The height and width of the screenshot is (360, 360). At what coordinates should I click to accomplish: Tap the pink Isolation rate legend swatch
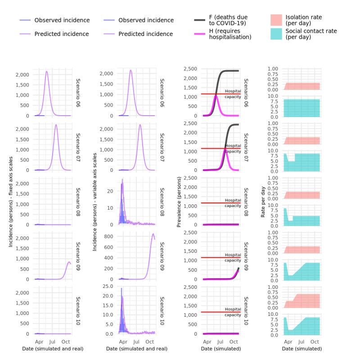tap(276, 20)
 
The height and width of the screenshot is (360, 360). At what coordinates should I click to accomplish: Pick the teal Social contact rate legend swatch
tap(276, 34)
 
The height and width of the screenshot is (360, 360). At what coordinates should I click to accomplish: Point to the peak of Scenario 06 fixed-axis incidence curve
tap(46, 71)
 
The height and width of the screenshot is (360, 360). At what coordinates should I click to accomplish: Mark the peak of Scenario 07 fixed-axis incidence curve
tap(56, 125)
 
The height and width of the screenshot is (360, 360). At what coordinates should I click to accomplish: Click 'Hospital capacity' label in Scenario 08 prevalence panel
tap(233, 203)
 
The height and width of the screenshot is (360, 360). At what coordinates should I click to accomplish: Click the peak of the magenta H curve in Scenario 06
tap(216, 95)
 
